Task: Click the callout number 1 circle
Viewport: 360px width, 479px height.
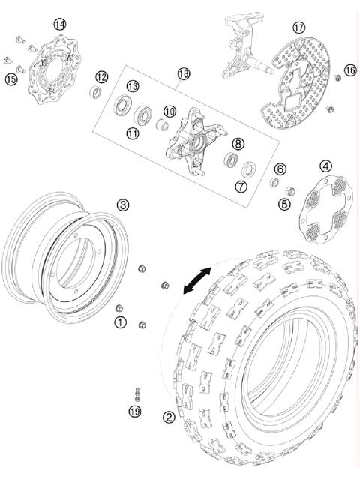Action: (x=119, y=322)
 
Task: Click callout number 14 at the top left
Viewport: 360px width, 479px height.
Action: (x=59, y=24)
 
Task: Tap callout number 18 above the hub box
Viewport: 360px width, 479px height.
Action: (x=184, y=73)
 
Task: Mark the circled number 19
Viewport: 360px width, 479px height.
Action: (x=134, y=409)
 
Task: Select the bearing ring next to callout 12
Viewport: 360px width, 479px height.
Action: (x=94, y=93)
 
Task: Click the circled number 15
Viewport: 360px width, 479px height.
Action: (x=10, y=79)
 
